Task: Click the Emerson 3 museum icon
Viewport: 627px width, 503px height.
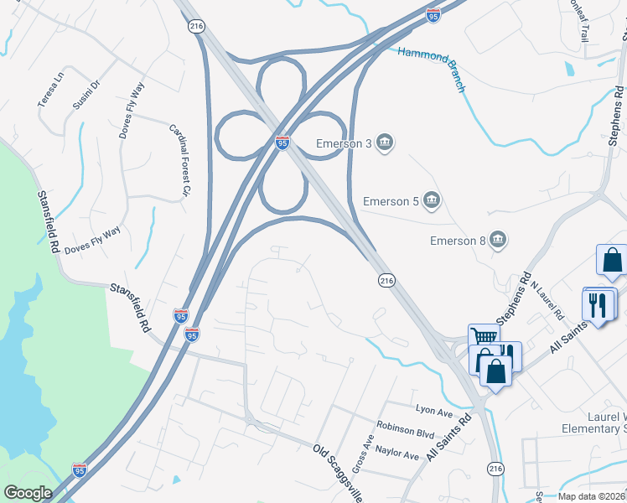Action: [x=385, y=143]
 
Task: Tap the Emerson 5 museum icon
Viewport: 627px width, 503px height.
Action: [x=432, y=200]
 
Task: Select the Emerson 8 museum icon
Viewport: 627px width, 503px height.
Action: [x=498, y=241]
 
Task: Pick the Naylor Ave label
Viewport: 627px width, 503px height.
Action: [x=397, y=454]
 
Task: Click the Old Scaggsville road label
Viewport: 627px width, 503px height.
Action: [x=338, y=473]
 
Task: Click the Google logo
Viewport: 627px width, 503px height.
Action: [x=27, y=493]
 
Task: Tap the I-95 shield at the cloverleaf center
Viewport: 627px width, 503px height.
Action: [x=282, y=143]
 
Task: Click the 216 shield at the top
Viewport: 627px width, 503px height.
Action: [x=196, y=27]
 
